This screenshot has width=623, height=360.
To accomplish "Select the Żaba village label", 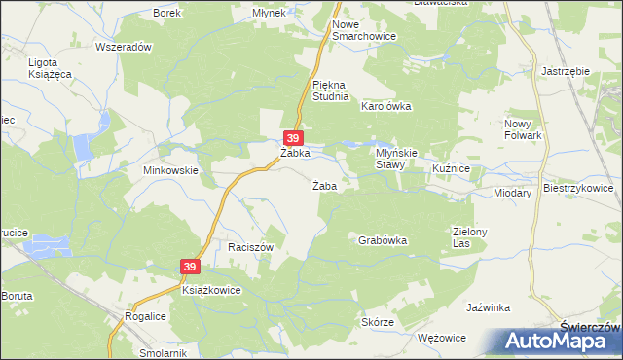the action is tap(324, 186).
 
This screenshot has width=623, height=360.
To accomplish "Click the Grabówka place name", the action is tap(382, 239).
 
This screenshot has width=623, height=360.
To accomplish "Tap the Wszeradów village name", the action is tap(125, 47).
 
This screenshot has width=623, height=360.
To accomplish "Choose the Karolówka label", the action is tap(386, 106).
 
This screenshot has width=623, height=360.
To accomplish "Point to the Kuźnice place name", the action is tap(452, 169).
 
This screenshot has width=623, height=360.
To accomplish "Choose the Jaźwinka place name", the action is tap(489, 307).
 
